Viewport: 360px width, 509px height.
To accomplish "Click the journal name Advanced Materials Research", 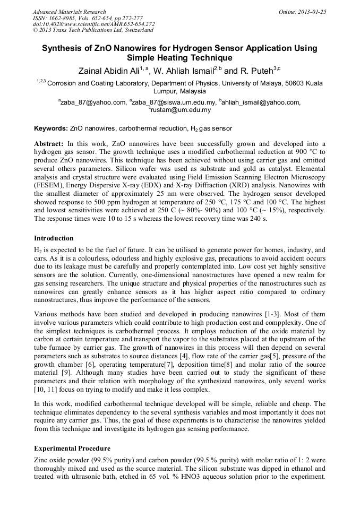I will tap(69, 11).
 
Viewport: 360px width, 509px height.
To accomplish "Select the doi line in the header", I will tap(93, 24).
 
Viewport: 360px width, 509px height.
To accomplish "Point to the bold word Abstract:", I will tap(49, 144).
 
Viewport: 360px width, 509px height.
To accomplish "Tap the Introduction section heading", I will tap(54, 238).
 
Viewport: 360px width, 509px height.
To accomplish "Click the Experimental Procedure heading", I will tap(72, 448).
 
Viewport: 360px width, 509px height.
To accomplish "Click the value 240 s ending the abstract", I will tap(249, 218).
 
